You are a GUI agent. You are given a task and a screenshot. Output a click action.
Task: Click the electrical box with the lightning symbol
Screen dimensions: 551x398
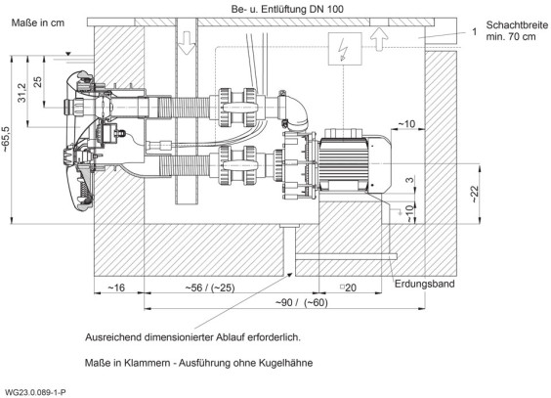click(345, 49)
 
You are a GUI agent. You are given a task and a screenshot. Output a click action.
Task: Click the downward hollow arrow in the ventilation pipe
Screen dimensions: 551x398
click(187, 43)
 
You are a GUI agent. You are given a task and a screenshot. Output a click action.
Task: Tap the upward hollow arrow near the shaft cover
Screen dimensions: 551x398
click(379, 39)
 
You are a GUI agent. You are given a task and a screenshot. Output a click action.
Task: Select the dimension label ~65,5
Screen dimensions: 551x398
click(7, 139)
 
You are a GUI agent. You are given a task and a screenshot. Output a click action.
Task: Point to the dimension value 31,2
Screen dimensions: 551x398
click(21, 93)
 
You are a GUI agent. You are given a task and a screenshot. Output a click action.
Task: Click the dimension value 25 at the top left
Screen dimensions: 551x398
click(37, 81)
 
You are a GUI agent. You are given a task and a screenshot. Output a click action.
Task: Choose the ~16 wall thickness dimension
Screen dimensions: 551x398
click(116, 287)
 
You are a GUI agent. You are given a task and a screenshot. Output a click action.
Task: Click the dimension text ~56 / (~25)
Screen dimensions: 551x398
click(210, 287)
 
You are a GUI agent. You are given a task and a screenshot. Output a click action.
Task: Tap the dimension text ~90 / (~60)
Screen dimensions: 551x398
click(302, 302)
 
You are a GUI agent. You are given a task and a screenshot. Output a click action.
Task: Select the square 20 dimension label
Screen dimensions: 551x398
click(348, 287)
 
